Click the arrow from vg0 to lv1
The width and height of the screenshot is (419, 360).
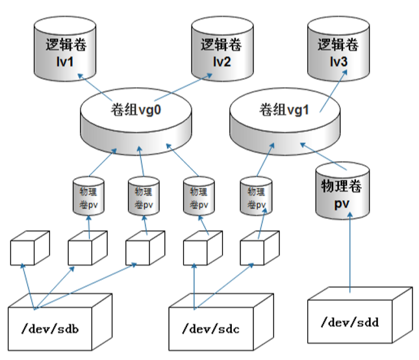(x=96, y=87)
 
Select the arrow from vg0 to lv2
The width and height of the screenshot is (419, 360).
(x=195, y=84)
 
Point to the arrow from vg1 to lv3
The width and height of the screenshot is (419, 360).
(x=331, y=94)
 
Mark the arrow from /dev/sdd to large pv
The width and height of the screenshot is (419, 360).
(x=350, y=253)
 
